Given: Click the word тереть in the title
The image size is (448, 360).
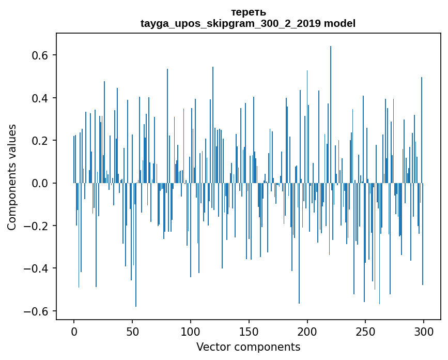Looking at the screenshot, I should pyautogui.click(x=248, y=12).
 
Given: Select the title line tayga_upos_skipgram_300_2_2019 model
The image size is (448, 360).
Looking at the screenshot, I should pyautogui.click(x=248, y=23).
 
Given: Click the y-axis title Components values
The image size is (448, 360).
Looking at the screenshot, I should pyautogui.click(x=11, y=177).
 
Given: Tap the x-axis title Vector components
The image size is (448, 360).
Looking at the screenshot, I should pyautogui.click(x=248, y=347).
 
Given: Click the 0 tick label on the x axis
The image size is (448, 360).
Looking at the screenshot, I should pyautogui.click(x=74, y=331).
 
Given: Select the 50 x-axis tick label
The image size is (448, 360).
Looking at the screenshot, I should pyautogui.click(x=132, y=331).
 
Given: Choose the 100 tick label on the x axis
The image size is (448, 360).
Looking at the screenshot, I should pyautogui.click(x=191, y=331).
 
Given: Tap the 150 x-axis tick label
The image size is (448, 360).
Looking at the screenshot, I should pyautogui.click(x=249, y=331).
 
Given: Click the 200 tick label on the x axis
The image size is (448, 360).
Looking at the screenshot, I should pyautogui.click(x=307, y=331).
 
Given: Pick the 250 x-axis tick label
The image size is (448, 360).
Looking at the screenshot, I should pyautogui.click(x=365, y=331).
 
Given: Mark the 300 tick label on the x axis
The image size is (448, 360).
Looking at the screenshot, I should pyautogui.click(x=424, y=331).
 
